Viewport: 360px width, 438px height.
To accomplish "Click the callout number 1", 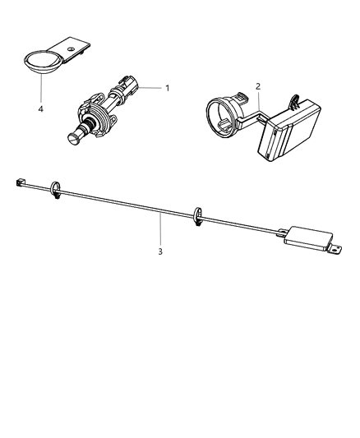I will pos(168,87).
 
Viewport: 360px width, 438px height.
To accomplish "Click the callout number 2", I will pos(258,85).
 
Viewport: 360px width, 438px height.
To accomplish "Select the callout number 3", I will pos(161,251).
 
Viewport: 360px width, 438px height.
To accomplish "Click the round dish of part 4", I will pos(39,62).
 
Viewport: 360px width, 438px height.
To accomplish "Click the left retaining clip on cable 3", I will pos(56,188).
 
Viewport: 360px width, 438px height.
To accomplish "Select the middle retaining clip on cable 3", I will pos(196,217).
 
